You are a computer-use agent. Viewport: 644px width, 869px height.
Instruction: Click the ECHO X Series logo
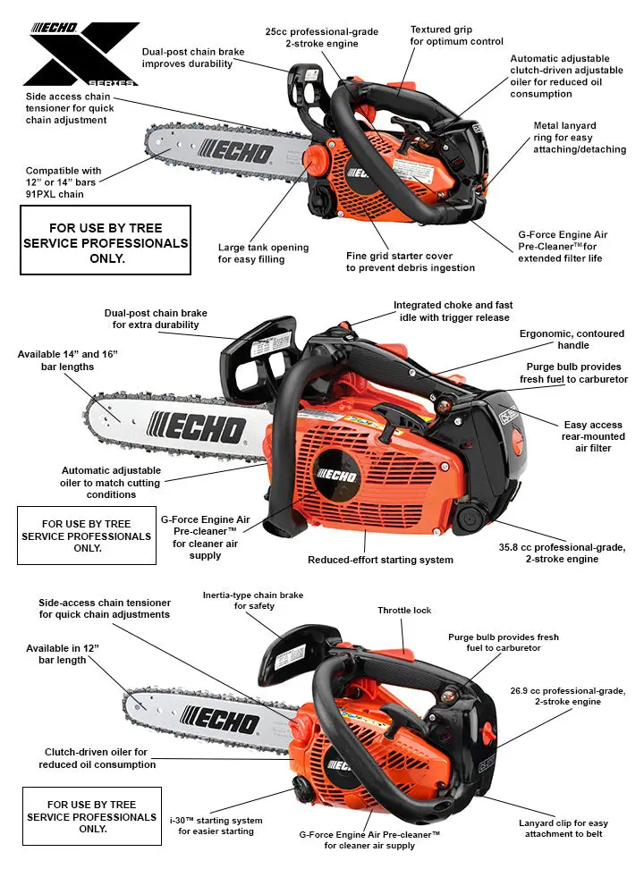click(85, 54)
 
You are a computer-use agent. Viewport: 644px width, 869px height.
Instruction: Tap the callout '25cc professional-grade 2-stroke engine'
click(322, 38)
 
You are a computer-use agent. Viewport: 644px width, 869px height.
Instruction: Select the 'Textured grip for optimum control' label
click(456, 36)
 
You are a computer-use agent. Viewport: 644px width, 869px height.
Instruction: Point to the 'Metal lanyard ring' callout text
click(580, 138)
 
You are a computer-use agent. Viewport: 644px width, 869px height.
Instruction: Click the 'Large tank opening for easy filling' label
click(263, 253)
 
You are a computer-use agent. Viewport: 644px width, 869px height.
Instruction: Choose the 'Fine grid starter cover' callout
click(411, 262)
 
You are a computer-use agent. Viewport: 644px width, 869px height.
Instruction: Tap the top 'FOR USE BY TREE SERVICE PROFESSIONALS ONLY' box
click(106, 240)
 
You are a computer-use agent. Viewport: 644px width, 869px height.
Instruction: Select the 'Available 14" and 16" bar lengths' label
click(68, 360)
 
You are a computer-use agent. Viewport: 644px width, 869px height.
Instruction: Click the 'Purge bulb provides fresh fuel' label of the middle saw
click(573, 373)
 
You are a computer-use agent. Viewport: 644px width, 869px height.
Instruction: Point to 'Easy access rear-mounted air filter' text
click(593, 436)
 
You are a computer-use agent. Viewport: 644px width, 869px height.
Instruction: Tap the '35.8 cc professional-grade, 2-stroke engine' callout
click(562, 553)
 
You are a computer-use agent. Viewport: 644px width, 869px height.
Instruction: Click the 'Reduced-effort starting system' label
click(380, 560)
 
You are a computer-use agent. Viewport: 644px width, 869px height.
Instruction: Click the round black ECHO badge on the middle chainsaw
click(336, 476)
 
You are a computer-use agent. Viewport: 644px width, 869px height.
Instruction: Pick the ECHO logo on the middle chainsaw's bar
click(196, 428)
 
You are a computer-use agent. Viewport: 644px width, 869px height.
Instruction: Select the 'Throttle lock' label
click(404, 611)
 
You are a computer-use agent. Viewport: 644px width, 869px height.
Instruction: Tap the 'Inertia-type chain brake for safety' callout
click(253, 600)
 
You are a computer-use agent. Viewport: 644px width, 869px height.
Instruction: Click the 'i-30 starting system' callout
click(216, 826)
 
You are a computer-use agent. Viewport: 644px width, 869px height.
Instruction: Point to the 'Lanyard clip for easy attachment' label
click(563, 829)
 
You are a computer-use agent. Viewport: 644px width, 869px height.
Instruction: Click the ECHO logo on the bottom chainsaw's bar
click(220, 720)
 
